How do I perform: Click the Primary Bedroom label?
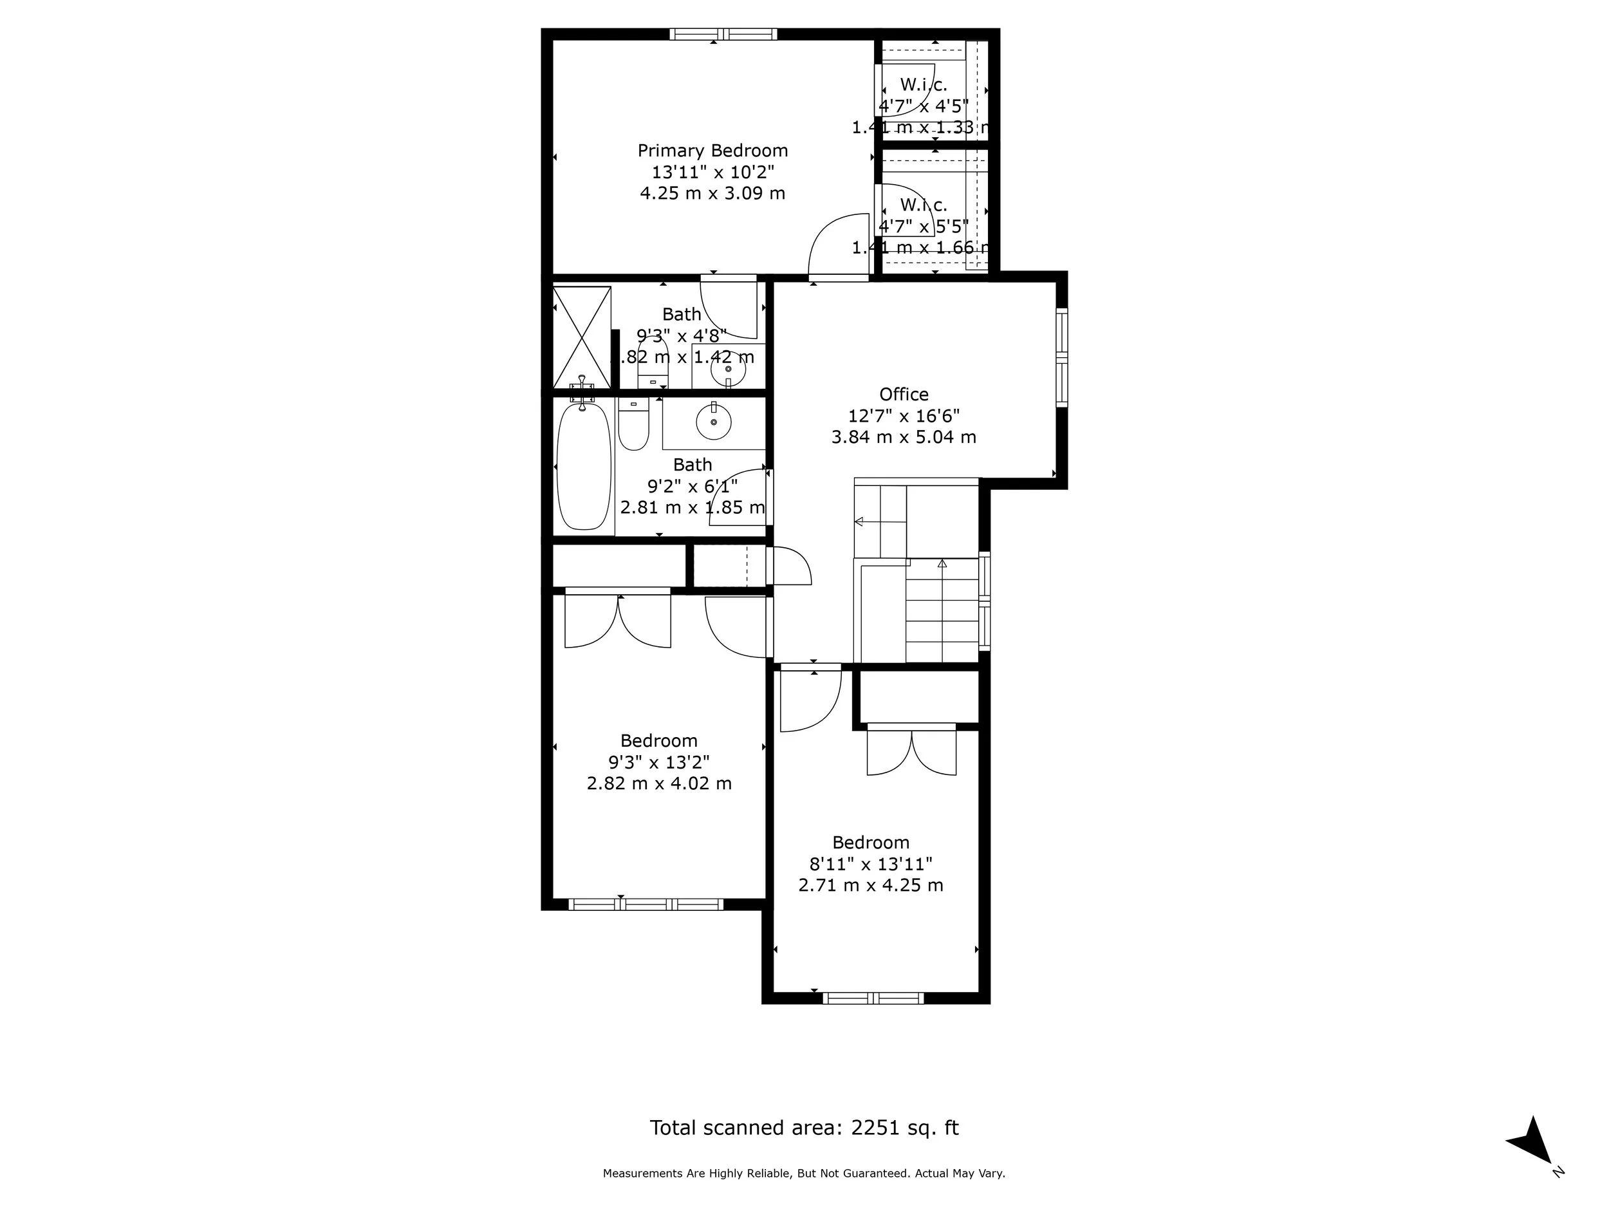712,151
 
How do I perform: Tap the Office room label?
904,395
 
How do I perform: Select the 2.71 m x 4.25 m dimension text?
871,885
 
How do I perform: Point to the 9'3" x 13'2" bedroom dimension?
659,762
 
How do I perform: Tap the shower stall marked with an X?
582,337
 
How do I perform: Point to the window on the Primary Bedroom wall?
723,34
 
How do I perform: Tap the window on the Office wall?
1061,357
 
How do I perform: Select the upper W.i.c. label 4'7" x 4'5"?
923,106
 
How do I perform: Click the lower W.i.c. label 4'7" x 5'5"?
923,226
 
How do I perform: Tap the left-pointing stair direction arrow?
859,521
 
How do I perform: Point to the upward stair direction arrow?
942,563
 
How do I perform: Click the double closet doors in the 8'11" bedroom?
911,751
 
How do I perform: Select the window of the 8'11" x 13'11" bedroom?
873,998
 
